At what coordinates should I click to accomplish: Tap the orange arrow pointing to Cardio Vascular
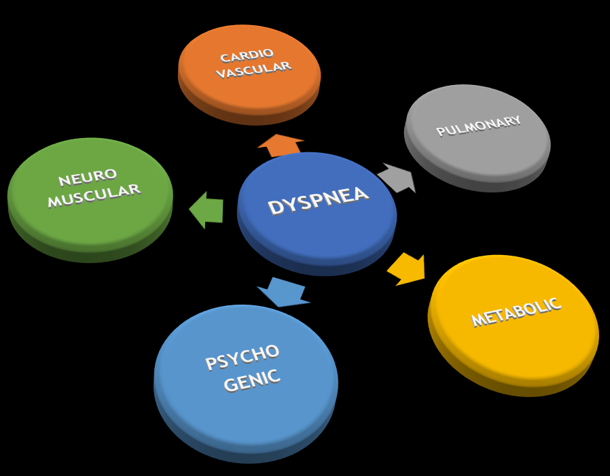[x=280, y=145]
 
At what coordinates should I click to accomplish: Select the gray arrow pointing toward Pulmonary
[x=397, y=177]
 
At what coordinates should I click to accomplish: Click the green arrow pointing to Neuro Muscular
[x=207, y=209]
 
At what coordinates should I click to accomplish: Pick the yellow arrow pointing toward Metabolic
[x=408, y=269]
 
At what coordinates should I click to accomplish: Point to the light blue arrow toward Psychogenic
[x=283, y=291]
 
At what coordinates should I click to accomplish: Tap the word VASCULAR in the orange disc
[x=253, y=69]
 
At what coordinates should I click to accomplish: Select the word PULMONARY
[x=478, y=126]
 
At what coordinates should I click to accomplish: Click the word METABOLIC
[x=516, y=311]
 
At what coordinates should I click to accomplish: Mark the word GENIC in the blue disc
[x=251, y=381]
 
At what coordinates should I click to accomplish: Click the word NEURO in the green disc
[x=88, y=178]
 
